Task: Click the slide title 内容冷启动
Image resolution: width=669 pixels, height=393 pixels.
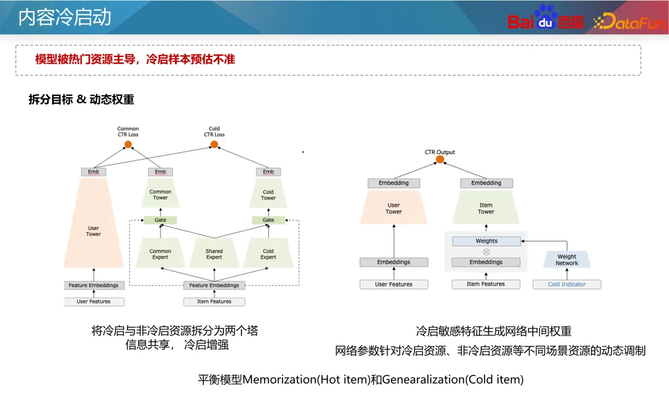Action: (64, 17)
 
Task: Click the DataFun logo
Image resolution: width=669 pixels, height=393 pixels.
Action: (629, 22)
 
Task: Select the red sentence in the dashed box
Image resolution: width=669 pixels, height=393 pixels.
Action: (135, 59)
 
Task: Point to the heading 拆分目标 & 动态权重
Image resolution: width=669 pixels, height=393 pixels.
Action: (81, 100)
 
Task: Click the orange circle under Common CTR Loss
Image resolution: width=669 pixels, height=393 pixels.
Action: (128, 145)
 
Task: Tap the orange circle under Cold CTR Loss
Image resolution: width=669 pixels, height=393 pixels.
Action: (214, 145)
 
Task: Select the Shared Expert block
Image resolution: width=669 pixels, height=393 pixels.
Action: (214, 254)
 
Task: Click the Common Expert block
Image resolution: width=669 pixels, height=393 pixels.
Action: (160, 254)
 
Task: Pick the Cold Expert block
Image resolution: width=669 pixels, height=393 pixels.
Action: (268, 254)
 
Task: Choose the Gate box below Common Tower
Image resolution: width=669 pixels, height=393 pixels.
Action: (160, 220)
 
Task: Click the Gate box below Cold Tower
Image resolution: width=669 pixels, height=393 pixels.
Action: (268, 220)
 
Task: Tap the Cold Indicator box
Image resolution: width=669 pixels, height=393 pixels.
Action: (567, 285)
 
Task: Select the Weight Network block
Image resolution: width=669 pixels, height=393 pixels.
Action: (567, 259)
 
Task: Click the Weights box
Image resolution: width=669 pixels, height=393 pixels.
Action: (486, 241)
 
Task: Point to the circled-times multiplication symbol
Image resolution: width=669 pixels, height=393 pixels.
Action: (486, 252)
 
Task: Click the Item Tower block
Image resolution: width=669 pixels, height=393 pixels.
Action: (486, 208)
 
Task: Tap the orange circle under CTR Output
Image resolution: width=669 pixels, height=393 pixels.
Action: (440, 160)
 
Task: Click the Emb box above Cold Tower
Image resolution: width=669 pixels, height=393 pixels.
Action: (268, 171)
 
